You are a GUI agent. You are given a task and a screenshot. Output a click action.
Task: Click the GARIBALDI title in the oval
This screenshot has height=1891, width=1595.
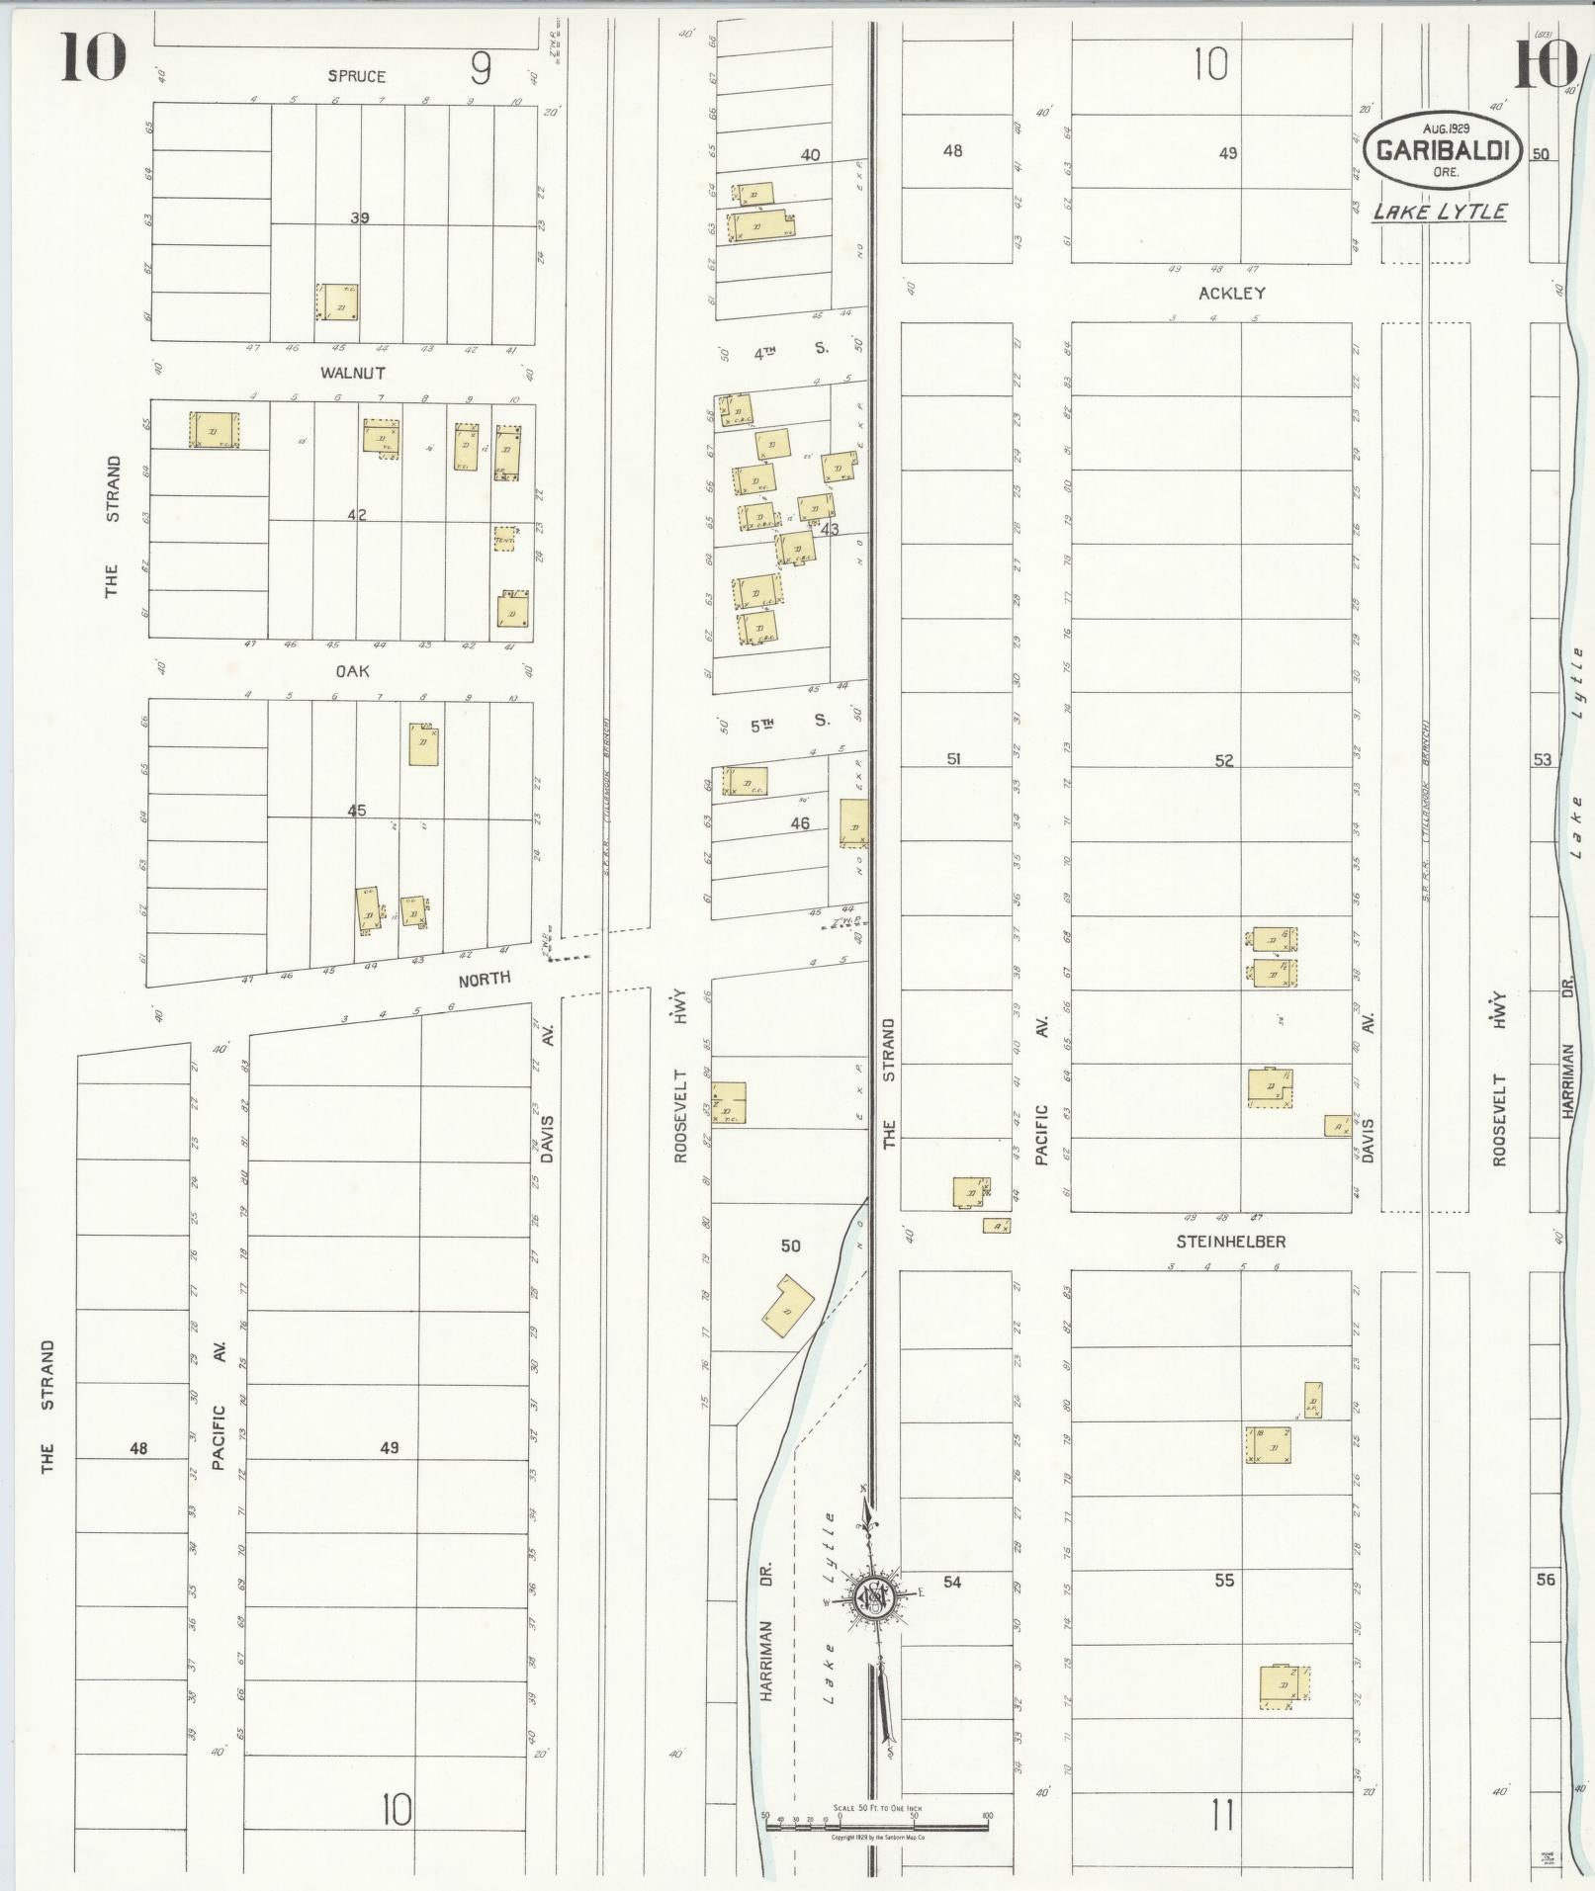[1441, 151]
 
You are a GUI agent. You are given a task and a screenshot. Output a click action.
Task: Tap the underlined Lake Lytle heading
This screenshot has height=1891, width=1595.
[1440, 212]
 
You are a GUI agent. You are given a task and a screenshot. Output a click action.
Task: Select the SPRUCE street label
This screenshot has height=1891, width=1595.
[358, 76]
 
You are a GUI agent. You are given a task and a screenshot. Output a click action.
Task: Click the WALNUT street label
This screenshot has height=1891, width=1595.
[352, 373]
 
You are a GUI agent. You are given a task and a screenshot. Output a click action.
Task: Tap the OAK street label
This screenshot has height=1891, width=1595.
[352, 670]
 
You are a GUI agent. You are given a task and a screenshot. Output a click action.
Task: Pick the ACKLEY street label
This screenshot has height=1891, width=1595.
[1231, 293]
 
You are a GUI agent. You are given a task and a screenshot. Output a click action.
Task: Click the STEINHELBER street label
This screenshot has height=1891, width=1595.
[1230, 1242]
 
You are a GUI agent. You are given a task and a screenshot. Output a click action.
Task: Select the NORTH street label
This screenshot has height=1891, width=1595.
[484, 978]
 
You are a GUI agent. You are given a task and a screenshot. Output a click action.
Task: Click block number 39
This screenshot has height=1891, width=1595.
[359, 217]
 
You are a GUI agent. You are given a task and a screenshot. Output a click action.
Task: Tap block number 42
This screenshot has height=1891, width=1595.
[357, 514]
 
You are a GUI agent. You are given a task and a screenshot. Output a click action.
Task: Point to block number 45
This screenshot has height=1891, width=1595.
[356, 811]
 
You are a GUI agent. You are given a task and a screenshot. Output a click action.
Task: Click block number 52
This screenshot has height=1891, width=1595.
[1224, 760]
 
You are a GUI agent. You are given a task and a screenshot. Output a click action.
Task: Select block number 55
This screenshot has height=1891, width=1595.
[1224, 1581]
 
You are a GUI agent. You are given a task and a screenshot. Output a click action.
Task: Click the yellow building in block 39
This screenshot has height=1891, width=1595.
[338, 302]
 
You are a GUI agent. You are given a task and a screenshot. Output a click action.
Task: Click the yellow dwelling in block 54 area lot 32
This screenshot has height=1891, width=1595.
[1284, 1686]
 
